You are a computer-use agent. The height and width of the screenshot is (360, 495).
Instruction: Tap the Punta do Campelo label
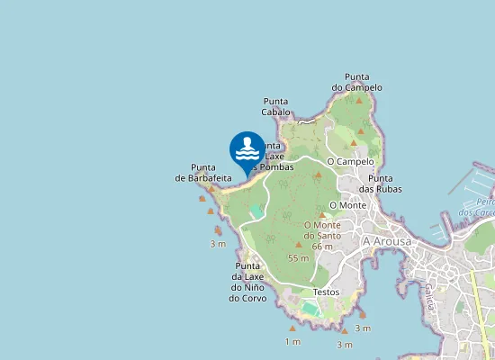357,82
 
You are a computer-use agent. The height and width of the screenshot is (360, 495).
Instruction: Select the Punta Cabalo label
276,106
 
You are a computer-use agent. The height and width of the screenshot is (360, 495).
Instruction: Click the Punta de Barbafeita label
204,173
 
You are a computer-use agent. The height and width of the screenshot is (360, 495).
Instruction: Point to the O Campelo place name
350,161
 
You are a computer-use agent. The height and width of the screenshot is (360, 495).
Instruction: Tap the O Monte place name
348,205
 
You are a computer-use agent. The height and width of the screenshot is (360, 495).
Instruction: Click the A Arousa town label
386,242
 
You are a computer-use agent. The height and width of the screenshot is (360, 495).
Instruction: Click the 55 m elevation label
298,258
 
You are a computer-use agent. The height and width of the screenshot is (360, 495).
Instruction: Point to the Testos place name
326,292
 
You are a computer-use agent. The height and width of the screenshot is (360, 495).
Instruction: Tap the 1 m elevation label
292,342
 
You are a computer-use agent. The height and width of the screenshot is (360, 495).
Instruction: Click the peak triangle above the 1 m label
292,328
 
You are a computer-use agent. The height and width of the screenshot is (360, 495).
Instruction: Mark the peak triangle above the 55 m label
299,244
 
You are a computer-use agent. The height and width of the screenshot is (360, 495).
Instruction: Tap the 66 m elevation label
322,247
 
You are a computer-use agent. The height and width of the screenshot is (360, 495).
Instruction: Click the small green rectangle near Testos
310,309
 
